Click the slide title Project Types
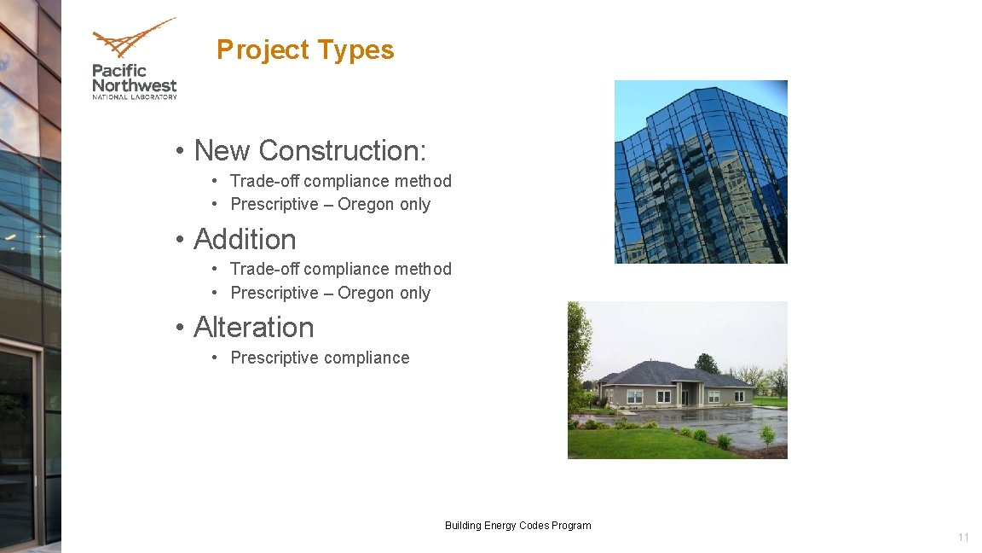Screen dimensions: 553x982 click(x=305, y=49)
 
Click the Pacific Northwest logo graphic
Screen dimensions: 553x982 click(x=134, y=40)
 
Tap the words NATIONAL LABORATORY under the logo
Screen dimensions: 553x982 click(x=135, y=97)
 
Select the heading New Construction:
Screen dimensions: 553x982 click(x=309, y=150)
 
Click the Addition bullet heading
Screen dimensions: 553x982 click(x=245, y=239)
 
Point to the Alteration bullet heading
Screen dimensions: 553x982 click(x=253, y=328)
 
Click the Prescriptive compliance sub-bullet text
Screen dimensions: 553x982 click(x=320, y=358)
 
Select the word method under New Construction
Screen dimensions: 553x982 click(x=423, y=181)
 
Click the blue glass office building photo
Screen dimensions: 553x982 click(x=701, y=171)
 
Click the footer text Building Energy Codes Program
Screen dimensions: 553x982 click(x=517, y=526)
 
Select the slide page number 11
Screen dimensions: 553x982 click(x=963, y=538)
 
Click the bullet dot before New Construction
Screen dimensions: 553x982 click(x=180, y=152)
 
